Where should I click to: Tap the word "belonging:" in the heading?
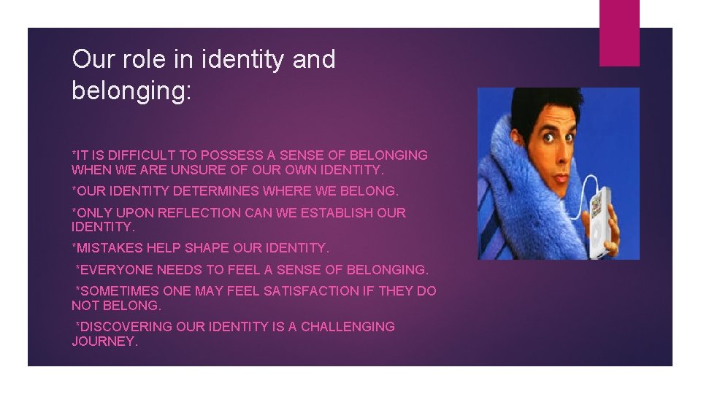coord(131,90)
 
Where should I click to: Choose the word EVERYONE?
coord(116,270)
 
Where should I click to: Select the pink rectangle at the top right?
coord(618,32)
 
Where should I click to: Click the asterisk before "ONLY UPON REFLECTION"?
coord(74,212)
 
